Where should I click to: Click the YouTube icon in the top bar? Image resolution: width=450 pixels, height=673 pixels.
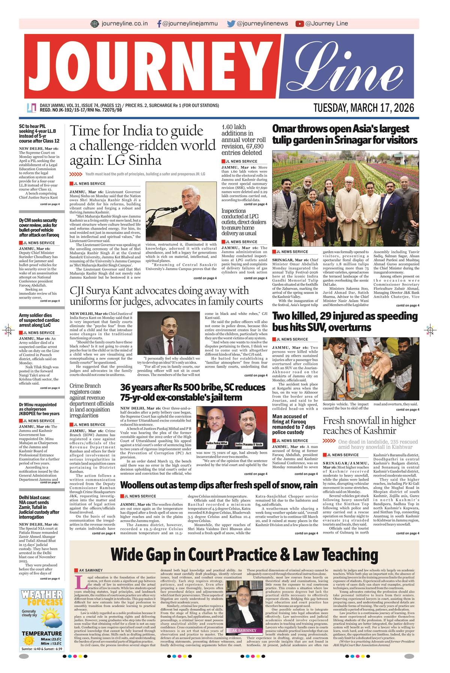pos(299,24)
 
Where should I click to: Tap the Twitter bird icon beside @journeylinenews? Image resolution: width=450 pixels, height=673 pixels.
pos(231,24)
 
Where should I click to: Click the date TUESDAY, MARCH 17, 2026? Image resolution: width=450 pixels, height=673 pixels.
pos(364,108)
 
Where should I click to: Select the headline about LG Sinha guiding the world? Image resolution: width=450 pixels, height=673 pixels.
pos(142,145)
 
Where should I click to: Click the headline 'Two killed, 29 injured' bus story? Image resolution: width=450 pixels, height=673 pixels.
pos(345,321)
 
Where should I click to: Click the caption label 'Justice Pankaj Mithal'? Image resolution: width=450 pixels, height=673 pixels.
pos(217,444)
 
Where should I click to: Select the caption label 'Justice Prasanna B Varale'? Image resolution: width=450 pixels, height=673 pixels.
pos(248,444)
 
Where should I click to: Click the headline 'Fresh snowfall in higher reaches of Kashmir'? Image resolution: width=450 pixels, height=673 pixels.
pos(369,426)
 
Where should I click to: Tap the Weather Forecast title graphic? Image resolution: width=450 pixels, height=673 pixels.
pos(42,598)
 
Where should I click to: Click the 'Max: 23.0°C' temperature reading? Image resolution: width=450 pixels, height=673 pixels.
pos(51,639)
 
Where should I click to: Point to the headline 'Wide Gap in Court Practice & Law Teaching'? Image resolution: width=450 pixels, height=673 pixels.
pos(244,554)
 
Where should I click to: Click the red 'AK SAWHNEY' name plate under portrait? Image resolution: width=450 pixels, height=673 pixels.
pos(244,630)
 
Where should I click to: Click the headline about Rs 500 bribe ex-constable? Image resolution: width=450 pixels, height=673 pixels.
pos(193,392)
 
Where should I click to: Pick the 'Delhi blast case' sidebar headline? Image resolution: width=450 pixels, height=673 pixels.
pos(39,507)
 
